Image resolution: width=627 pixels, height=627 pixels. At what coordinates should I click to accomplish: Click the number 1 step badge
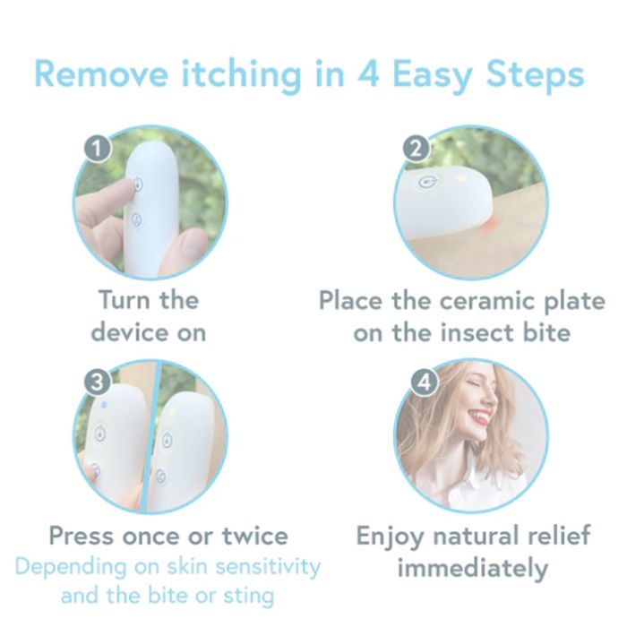point(97,149)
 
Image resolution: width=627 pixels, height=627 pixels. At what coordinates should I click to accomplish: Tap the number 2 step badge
point(417,149)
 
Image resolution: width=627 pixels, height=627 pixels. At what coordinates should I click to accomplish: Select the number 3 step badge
point(97,382)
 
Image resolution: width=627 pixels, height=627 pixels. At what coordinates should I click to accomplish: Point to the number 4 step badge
point(425,382)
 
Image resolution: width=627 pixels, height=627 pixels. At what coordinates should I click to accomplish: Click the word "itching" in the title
point(241,75)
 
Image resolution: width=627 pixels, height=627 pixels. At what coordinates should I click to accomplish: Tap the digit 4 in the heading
point(367,73)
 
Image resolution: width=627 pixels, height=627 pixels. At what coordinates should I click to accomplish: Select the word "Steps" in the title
point(536,75)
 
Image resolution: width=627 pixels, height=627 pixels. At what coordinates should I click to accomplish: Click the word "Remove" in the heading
point(101,73)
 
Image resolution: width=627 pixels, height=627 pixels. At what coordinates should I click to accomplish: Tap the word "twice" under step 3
point(254,537)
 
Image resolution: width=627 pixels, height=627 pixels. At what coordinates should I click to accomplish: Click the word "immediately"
point(472,569)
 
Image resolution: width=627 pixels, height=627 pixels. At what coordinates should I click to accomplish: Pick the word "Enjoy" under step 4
point(390,537)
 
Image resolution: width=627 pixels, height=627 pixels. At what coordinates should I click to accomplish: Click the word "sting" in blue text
point(249,597)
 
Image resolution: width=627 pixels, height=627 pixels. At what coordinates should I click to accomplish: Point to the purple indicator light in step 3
point(104,405)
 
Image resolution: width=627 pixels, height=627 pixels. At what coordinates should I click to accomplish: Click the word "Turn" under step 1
point(124,299)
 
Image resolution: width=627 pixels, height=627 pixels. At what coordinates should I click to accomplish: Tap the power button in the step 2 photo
point(428,183)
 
